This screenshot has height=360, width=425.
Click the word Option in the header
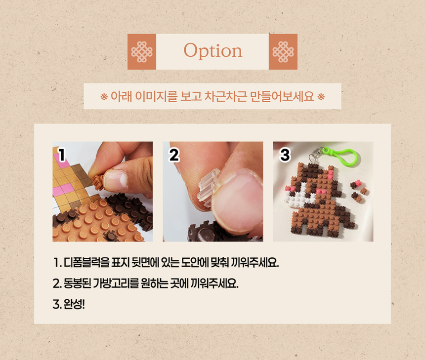coord(213,51)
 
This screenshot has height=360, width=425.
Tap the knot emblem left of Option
coord(141,52)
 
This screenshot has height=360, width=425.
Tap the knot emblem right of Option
coord(283,52)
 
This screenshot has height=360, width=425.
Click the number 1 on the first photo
coord(62,155)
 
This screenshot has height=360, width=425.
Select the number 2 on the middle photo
coord(174,155)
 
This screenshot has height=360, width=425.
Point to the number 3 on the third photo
coord(285,155)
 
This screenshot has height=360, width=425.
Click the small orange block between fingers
coord(97,181)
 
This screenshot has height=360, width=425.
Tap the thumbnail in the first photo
coord(115,180)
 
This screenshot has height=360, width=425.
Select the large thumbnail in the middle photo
coord(237,202)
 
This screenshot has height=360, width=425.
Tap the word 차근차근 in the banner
coord(225,96)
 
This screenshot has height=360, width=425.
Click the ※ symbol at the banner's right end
coord(321,97)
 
